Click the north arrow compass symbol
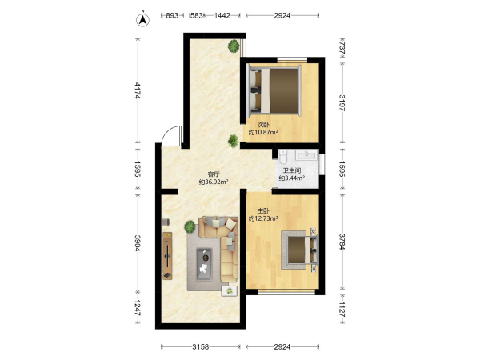coord(142,20)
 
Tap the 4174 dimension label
coord(138,90)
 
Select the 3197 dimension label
coord(342,103)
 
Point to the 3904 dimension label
coord(138,243)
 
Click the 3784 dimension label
coord(342,242)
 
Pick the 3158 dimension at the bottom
coord(201,347)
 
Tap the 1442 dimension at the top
coord(222,15)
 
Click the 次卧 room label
coord(263,125)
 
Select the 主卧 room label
coord(263,211)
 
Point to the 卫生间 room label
coord(292,170)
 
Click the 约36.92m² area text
coord(214,182)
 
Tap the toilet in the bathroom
coord(283,156)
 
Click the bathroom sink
coord(306,155)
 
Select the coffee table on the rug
coord(205,265)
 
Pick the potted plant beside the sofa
coord(190,227)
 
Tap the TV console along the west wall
coord(167,256)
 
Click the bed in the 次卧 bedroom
coord(274,90)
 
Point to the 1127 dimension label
coord(342,309)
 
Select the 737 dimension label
coord(342,48)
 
